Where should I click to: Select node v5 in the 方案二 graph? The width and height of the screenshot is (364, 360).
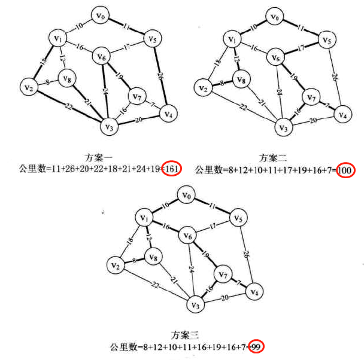pos(326,41)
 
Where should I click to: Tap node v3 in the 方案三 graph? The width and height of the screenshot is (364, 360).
pos(193,305)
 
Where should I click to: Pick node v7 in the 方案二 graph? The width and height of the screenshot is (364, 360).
pos(311,96)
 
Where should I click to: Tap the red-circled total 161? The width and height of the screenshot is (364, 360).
pos(171,169)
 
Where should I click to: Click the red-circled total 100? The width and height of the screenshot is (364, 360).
pos(345,170)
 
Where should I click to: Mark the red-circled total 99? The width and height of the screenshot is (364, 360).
pos(256,346)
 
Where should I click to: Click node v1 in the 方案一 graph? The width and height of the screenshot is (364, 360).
pos(57,38)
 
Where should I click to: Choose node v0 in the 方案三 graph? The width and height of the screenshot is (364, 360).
pos(188,196)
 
